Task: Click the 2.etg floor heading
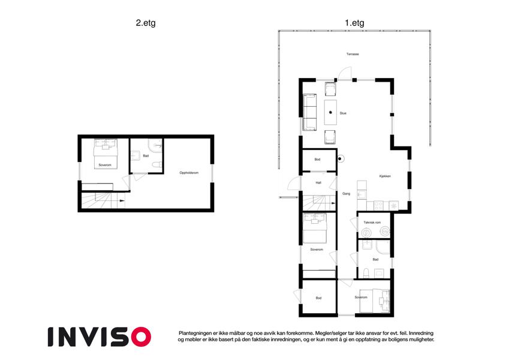click(146, 23)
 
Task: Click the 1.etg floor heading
click(354, 23)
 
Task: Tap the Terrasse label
click(353, 54)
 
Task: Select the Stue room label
click(343, 113)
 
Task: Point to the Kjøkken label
click(385, 176)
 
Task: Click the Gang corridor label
click(347, 194)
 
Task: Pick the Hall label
click(318, 183)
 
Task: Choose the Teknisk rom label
click(372, 223)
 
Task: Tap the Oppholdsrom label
click(189, 173)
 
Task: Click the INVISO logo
click(100, 337)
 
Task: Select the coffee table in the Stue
click(330, 112)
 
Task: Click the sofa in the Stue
click(310, 112)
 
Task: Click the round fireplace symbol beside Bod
click(340, 159)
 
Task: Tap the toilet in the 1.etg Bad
click(366, 273)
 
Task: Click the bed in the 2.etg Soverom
click(105, 154)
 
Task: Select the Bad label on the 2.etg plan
click(146, 156)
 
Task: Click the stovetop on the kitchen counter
click(378, 206)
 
